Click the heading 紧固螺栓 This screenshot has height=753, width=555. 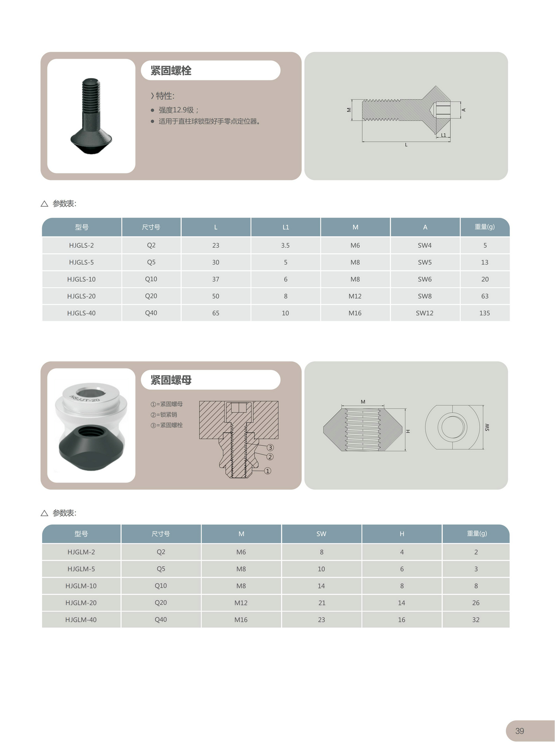(171, 71)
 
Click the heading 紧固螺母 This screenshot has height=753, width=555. (171, 380)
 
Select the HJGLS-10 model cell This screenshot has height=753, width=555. (81, 279)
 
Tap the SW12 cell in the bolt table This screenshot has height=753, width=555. (425, 313)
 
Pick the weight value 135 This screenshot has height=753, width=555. (484, 313)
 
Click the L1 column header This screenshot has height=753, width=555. (286, 227)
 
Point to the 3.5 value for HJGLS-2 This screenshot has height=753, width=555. (285, 246)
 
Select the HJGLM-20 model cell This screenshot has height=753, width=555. (81, 603)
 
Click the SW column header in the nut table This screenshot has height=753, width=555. (321, 534)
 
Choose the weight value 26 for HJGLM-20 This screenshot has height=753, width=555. (475, 603)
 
